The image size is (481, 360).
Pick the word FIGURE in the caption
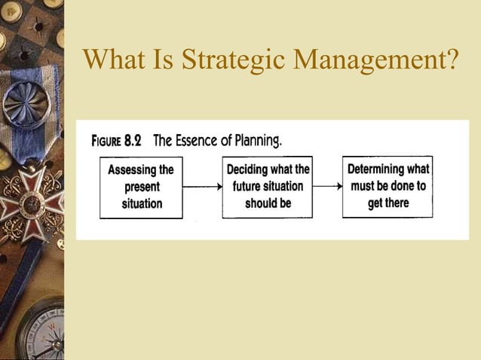pos(107,141)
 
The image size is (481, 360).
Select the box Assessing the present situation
pos(141,187)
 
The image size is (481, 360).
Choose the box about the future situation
pos(267,187)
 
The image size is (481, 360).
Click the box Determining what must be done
pos(388,186)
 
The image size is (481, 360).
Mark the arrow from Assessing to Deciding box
pos(202,186)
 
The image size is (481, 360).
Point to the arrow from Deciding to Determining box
pos(327,186)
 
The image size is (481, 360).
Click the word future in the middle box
pos(248,187)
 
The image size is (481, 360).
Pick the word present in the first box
pos(141,187)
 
